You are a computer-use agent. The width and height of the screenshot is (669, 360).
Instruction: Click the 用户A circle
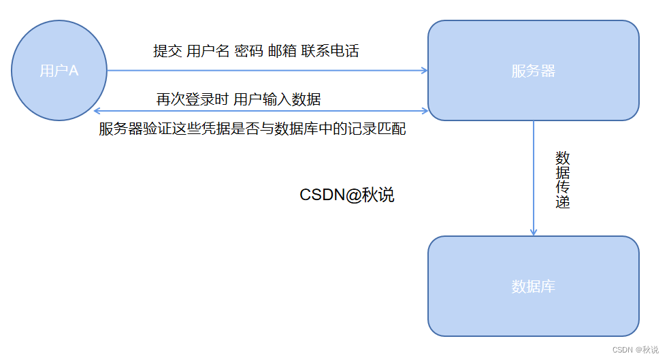[59, 71]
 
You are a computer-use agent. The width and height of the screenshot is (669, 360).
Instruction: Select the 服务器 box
[533, 71]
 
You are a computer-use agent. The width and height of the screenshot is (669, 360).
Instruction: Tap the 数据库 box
[533, 287]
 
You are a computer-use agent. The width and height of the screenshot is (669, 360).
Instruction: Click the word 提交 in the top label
[167, 51]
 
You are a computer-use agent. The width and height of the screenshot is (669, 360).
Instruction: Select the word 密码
[248, 51]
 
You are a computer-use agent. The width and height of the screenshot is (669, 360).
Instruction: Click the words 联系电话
[331, 51]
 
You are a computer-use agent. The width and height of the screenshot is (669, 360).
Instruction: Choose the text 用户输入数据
[277, 100]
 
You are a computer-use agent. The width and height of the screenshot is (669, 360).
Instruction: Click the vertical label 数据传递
[562, 179]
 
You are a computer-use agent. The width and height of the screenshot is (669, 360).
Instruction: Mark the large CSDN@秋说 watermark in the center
[347, 195]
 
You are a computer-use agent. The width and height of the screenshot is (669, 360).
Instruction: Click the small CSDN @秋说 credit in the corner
[635, 350]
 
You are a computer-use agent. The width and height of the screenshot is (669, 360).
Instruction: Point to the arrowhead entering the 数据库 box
[534, 232]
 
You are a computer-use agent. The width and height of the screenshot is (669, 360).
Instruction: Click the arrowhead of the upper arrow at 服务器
[424, 70]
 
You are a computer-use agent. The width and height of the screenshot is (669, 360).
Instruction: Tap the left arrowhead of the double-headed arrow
[97, 110]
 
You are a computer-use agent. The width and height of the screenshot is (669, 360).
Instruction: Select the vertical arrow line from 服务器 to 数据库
[534, 177]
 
